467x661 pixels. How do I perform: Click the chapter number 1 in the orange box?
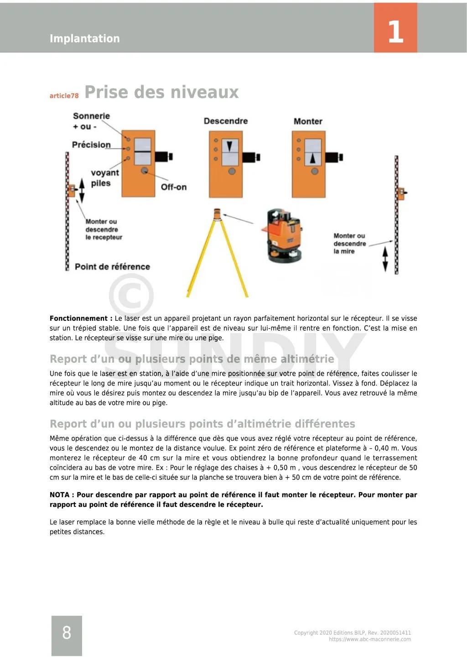[395, 31]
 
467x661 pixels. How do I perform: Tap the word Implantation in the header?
[84, 39]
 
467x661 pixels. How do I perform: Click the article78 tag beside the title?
[64, 96]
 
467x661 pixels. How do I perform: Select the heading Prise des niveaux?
[161, 92]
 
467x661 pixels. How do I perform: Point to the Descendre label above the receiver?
[226, 121]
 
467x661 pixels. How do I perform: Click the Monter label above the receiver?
[308, 121]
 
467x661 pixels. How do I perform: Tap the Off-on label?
[173, 187]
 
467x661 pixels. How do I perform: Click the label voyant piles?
[104, 178]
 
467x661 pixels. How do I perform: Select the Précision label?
[91, 145]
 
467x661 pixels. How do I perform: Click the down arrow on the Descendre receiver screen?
[230, 146]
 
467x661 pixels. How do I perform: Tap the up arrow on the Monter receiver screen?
[313, 158]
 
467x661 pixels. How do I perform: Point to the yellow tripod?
[218, 255]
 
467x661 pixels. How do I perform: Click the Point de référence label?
[112, 267]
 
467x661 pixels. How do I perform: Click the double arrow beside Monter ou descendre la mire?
[385, 259]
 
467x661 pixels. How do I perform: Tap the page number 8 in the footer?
[67, 633]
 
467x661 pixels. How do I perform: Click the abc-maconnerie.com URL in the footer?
[369, 640]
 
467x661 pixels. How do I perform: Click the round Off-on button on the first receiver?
[145, 171]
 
